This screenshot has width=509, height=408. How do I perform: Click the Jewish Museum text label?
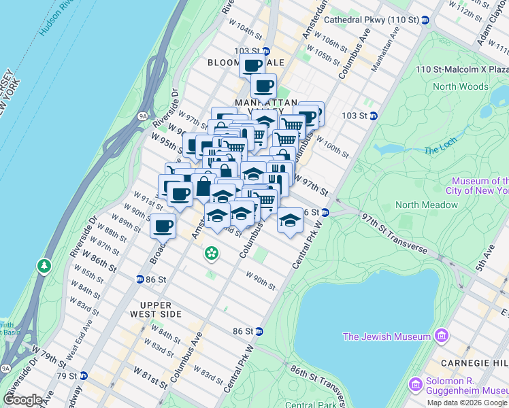click(x=387, y=337)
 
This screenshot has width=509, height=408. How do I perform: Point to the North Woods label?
click(x=460, y=86)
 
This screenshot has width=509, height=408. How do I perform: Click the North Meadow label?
click(x=427, y=205)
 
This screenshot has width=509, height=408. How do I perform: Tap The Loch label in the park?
click(x=438, y=150)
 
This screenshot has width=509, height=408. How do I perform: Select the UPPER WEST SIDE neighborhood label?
click(x=161, y=309)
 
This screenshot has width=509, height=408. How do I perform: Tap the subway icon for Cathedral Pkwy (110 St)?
click(x=425, y=20)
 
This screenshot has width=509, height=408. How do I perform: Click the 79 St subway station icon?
click(x=84, y=375)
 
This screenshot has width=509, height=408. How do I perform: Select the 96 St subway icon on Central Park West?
click(x=325, y=212)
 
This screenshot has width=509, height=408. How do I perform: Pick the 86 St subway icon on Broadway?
click(x=139, y=279)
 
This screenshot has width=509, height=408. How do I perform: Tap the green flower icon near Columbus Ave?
click(x=212, y=254)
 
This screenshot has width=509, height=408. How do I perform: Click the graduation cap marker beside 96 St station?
click(x=290, y=220)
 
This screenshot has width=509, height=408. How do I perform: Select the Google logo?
click(x=23, y=400)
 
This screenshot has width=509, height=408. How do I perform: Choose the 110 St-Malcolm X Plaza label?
click(x=463, y=69)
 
